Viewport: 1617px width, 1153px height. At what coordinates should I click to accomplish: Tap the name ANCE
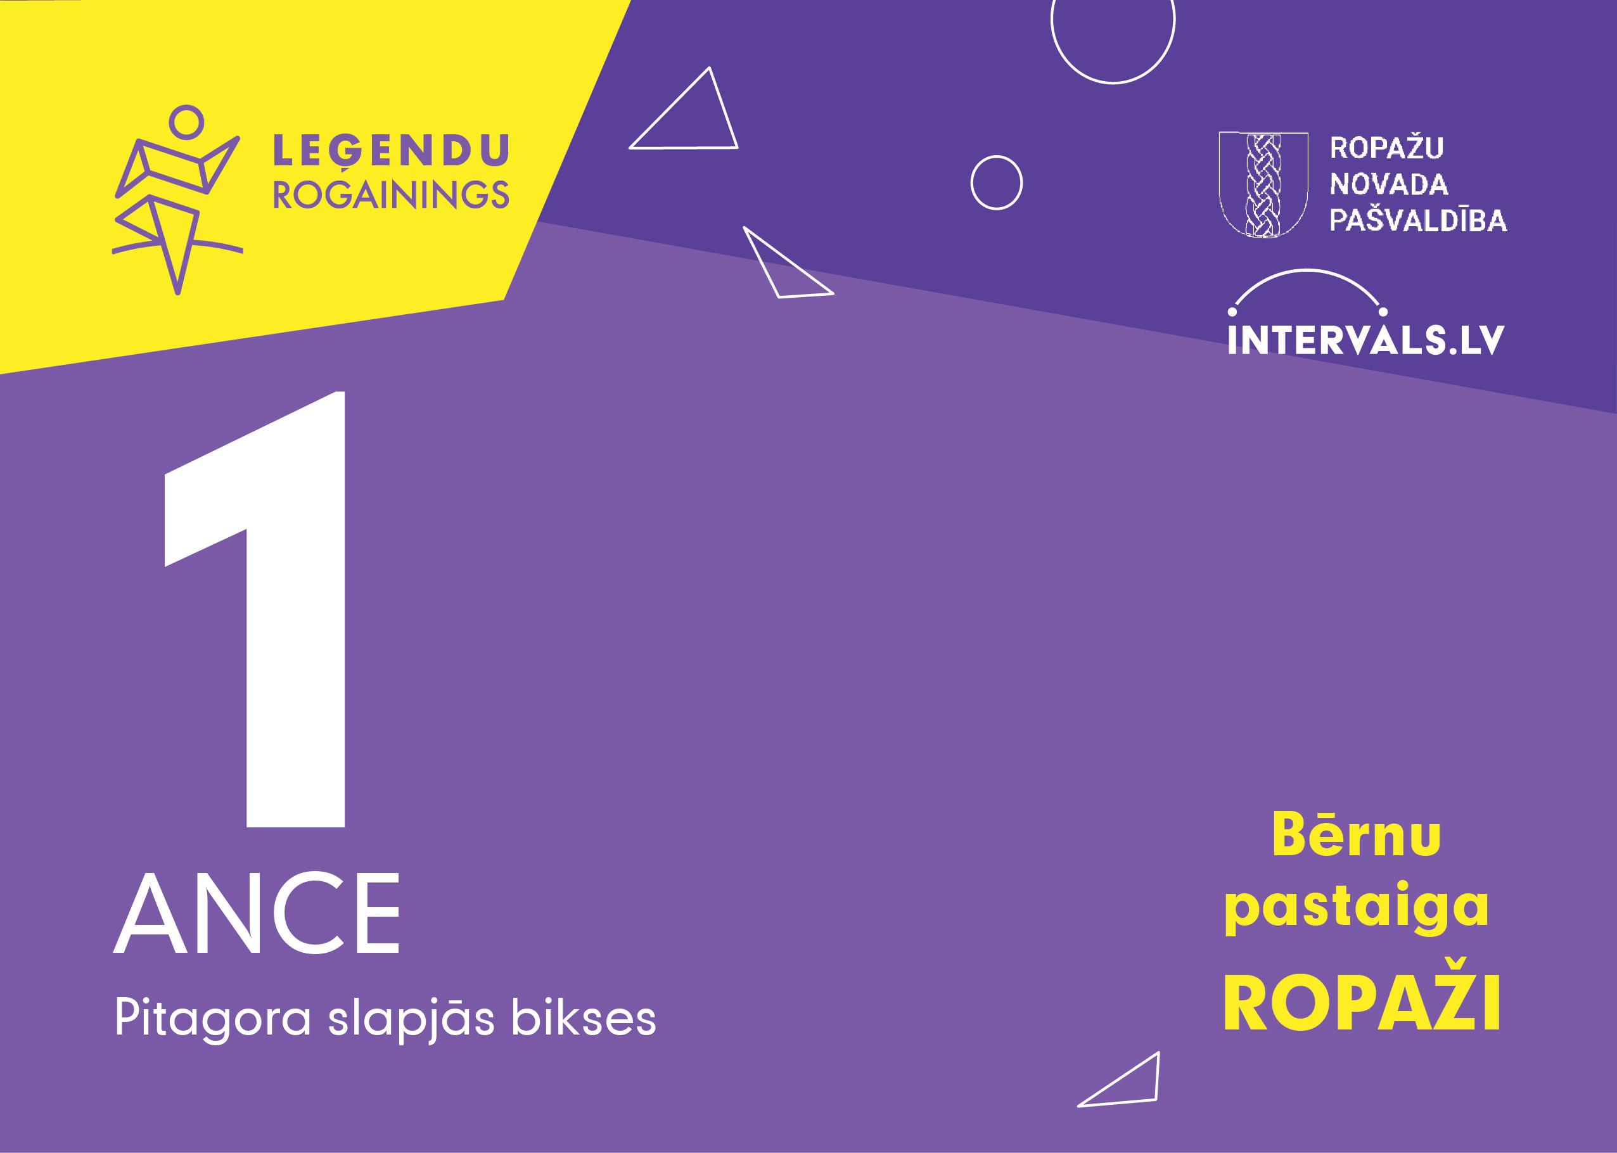point(257,917)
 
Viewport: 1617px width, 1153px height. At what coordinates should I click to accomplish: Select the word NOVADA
point(1388,184)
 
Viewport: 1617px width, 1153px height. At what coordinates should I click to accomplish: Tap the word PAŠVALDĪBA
point(1417,219)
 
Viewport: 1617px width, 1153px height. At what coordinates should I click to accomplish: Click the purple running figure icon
point(177,199)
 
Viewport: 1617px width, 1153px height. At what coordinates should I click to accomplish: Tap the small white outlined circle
point(996,183)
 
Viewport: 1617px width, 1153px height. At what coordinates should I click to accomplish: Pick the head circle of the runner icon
point(187,121)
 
